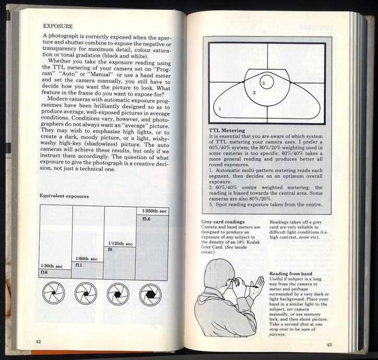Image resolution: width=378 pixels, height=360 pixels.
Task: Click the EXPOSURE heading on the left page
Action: pos(57,25)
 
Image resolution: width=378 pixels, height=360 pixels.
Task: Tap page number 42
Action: pos(38,341)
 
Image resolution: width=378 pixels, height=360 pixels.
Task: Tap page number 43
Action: pos(329,344)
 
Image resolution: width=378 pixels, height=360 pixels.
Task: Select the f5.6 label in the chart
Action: pos(146,219)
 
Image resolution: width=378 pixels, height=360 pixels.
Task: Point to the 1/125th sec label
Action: pos(120,243)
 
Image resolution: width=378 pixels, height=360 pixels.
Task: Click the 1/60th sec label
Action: pos(86,259)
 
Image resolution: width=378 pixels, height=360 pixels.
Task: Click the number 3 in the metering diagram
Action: pos(264,83)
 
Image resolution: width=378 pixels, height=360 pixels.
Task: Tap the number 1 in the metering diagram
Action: pos(220,109)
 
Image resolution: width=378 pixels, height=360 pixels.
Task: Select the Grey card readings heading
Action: pos(223,222)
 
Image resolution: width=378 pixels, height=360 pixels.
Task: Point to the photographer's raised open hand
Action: pos(256,287)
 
